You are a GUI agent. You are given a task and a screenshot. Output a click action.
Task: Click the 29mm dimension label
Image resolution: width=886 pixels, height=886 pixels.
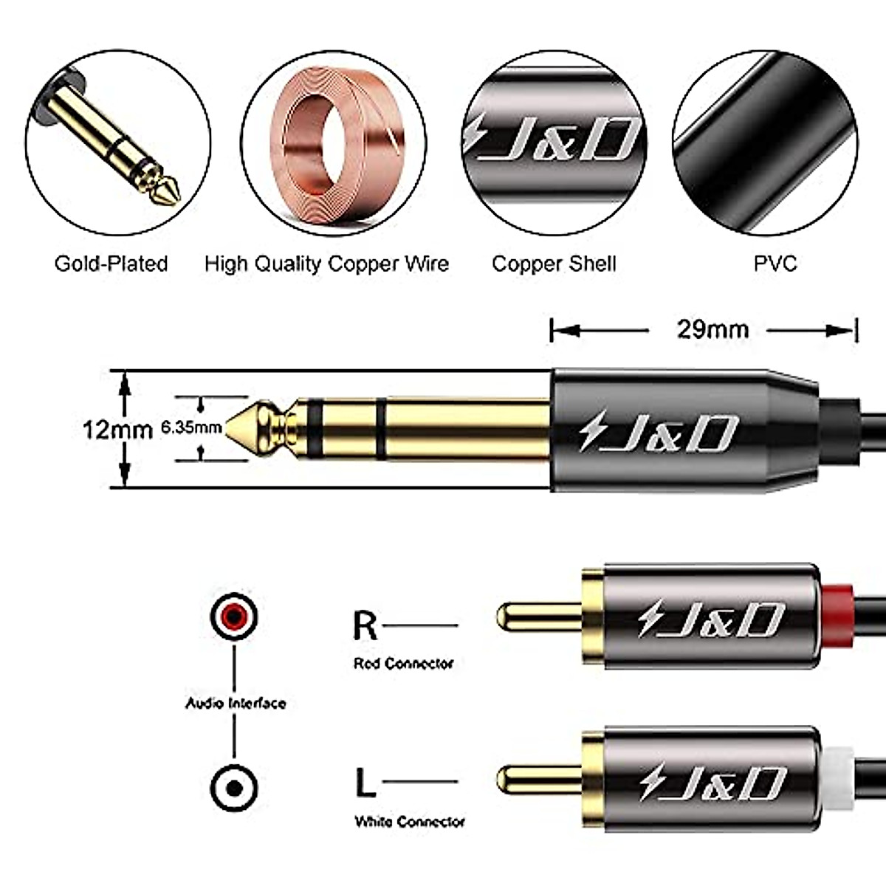(x=712, y=329)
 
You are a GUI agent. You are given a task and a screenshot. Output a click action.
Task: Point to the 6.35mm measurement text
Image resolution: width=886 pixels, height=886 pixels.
(x=190, y=427)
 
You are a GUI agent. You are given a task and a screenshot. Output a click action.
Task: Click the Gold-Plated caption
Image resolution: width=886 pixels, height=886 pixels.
(x=111, y=264)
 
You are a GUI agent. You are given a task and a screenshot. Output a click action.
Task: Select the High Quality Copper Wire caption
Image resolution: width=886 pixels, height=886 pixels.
(x=326, y=264)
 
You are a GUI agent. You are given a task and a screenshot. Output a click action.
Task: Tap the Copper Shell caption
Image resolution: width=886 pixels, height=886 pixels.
(x=554, y=264)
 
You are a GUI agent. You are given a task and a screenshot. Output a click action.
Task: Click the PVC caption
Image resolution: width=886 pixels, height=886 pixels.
(x=775, y=264)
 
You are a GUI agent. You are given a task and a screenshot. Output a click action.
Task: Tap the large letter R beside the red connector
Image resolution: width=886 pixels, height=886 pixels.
(x=365, y=625)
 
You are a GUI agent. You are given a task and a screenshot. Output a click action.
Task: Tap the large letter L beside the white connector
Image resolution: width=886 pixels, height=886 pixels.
(x=365, y=782)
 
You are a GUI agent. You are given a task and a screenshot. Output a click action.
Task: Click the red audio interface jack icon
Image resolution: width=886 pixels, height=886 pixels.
(x=234, y=615)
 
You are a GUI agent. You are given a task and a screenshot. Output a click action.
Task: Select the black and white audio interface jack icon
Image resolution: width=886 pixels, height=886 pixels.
(x=234, y=788)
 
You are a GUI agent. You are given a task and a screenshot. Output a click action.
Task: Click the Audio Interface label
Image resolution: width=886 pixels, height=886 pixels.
(x=235, y=703)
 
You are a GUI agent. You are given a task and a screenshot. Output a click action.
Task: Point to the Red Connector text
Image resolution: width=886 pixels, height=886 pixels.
(x=403, y=664)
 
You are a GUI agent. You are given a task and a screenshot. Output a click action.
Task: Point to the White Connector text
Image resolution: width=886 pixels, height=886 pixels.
(x=410, y=821)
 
